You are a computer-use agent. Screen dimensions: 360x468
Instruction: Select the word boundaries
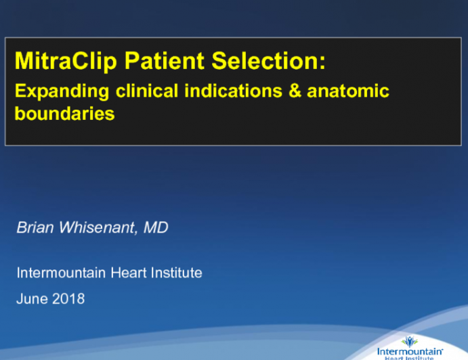(65, 114)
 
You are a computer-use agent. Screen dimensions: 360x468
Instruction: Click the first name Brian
(33, 228)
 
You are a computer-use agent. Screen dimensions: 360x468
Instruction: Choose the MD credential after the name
(156, 228)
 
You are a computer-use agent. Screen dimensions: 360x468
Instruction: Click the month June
(31, 298)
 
